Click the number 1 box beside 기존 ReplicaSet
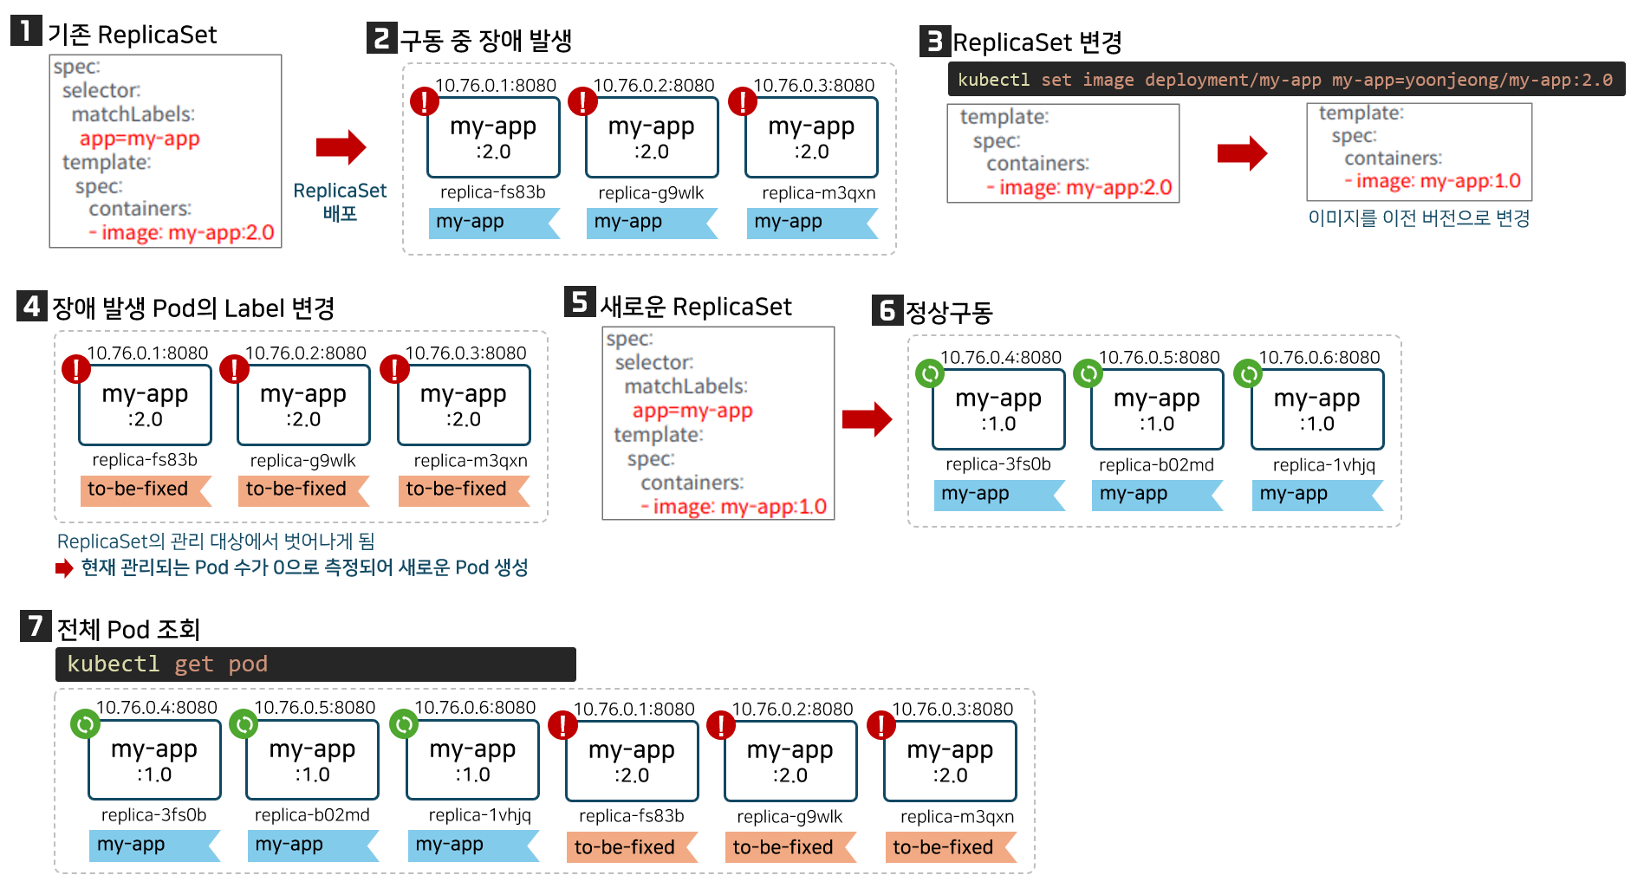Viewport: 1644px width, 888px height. tap(25, 31)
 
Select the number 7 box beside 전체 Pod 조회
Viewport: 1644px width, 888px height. tap(35, 625)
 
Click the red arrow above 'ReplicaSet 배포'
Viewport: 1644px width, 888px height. tap(341, 147)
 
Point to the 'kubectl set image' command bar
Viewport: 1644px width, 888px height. tap(1285, 80)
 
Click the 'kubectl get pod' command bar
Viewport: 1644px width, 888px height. tap(315, 664)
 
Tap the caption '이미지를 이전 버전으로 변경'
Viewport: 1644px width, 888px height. tap(1419, 218)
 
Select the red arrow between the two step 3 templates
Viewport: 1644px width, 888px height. tap(1241, 153)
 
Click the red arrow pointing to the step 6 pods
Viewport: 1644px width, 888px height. tap(867, 419)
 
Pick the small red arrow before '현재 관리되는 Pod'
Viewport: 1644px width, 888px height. tap(64, 568)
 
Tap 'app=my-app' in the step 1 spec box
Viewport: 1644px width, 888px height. tap(140, 139)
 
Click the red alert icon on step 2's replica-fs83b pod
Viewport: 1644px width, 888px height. tap(424, 101)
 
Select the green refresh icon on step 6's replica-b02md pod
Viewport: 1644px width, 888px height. tap(1088, 373)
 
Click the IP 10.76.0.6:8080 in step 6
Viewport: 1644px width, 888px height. tap(1319, 357)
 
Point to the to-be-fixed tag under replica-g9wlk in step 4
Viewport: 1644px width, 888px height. tap(296, 489)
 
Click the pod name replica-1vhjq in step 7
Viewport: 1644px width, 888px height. tap(479, 815)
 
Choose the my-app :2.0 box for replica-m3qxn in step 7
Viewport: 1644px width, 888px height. tap(950, 762)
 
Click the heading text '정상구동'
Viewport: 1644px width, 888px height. tap(948, 312)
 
